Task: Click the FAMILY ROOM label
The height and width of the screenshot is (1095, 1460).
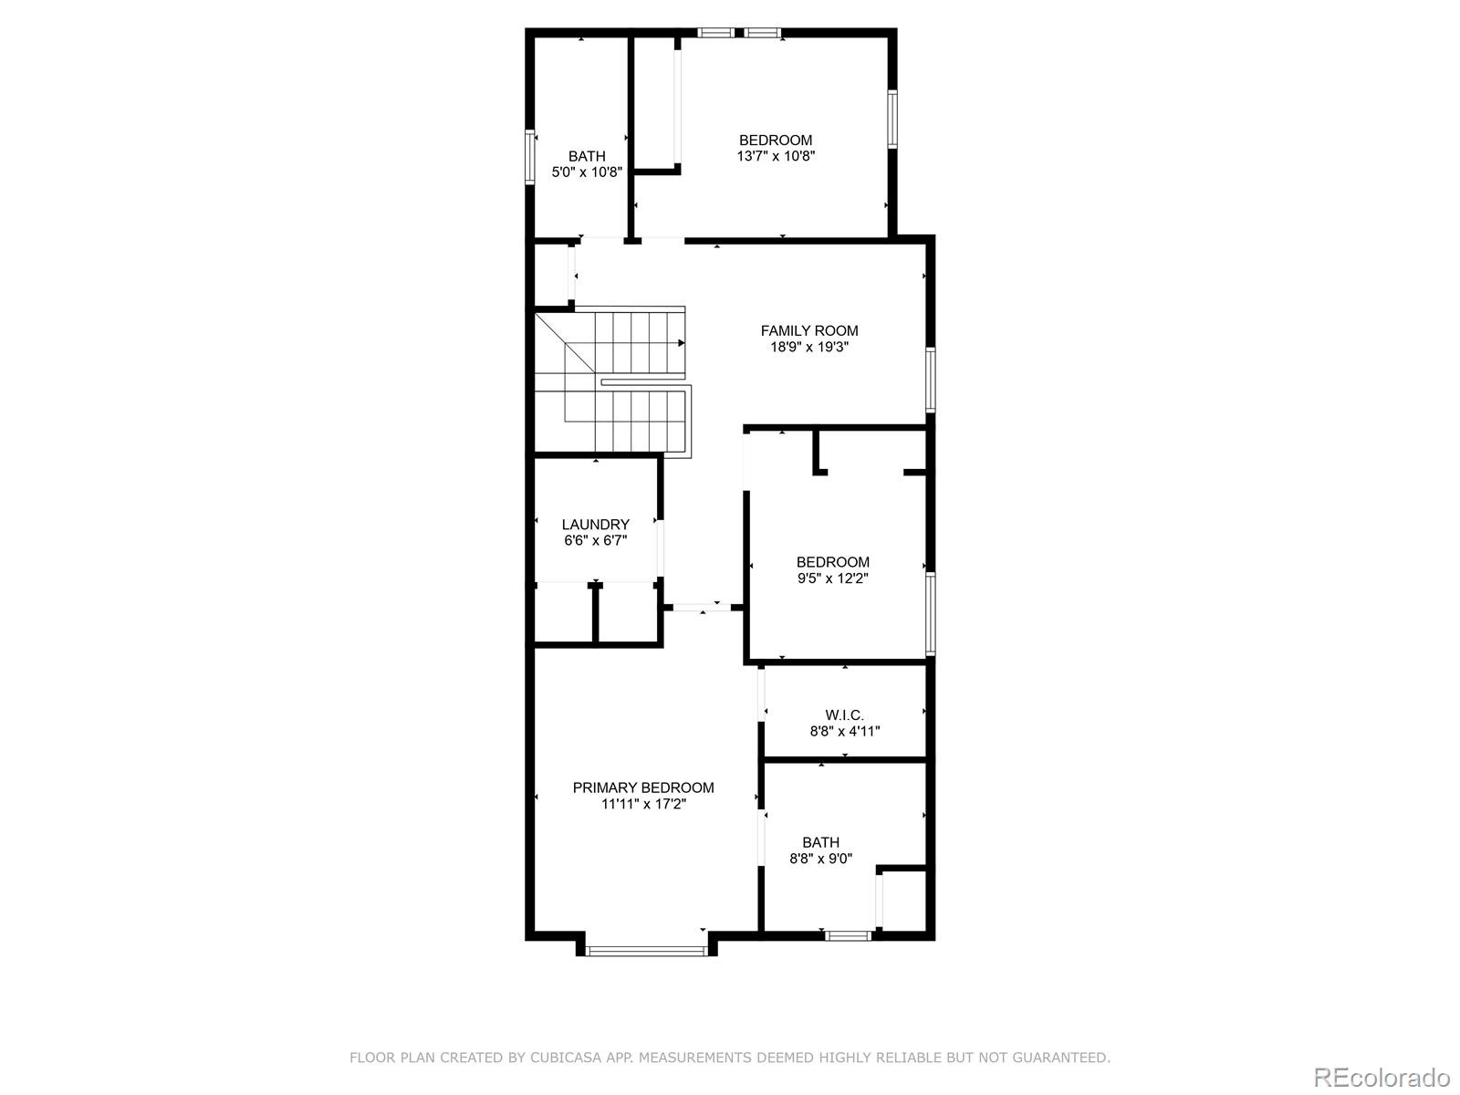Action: point(809,330)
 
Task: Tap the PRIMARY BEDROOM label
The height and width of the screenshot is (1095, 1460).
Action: point(643,787)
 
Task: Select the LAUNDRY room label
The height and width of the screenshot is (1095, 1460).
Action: point(595,525)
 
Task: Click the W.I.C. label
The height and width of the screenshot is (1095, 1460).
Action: point(844,714)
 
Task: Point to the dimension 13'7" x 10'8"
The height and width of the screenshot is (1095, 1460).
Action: point(776,156)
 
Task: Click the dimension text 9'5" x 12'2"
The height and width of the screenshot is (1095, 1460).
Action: point(832,578)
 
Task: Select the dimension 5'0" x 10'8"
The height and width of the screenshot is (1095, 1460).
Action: point(587,172)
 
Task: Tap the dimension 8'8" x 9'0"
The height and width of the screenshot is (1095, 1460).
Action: point(821,858)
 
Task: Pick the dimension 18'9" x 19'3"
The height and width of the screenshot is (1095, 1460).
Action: point(809,347)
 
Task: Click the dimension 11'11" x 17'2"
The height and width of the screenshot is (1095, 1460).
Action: point(643,804)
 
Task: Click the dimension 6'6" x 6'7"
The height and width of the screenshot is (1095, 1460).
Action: point(595,540)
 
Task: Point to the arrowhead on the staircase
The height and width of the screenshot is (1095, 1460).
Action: point(681,343)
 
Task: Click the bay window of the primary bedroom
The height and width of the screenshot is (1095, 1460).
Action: point(646,951)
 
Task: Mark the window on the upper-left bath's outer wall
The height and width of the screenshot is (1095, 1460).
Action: point(529,158)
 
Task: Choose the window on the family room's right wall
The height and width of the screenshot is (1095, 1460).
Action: point(930,380)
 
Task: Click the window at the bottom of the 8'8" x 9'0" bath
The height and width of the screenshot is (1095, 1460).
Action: point(848,934)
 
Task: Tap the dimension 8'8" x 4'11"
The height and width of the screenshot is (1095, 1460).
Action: point(844,731)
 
